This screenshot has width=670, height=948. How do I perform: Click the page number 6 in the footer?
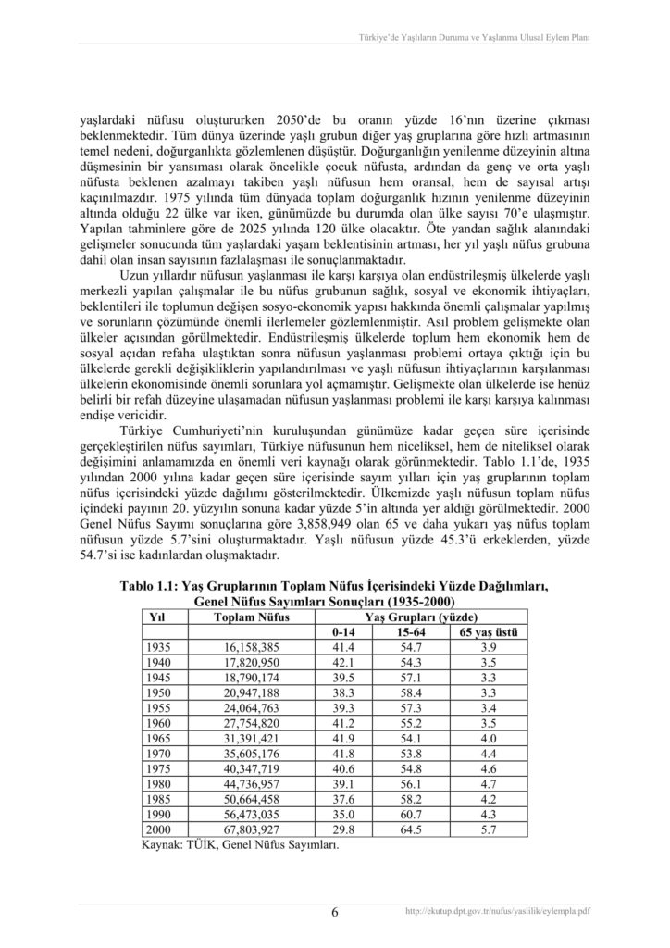(335, 912)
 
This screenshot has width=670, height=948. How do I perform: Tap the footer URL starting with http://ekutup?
(498, 911)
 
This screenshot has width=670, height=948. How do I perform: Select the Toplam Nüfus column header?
(252, 616)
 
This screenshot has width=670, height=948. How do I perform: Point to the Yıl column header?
(157, 616)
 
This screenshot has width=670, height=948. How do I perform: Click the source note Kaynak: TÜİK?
(239, 845)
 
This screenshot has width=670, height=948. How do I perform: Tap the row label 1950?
(159, 692)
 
